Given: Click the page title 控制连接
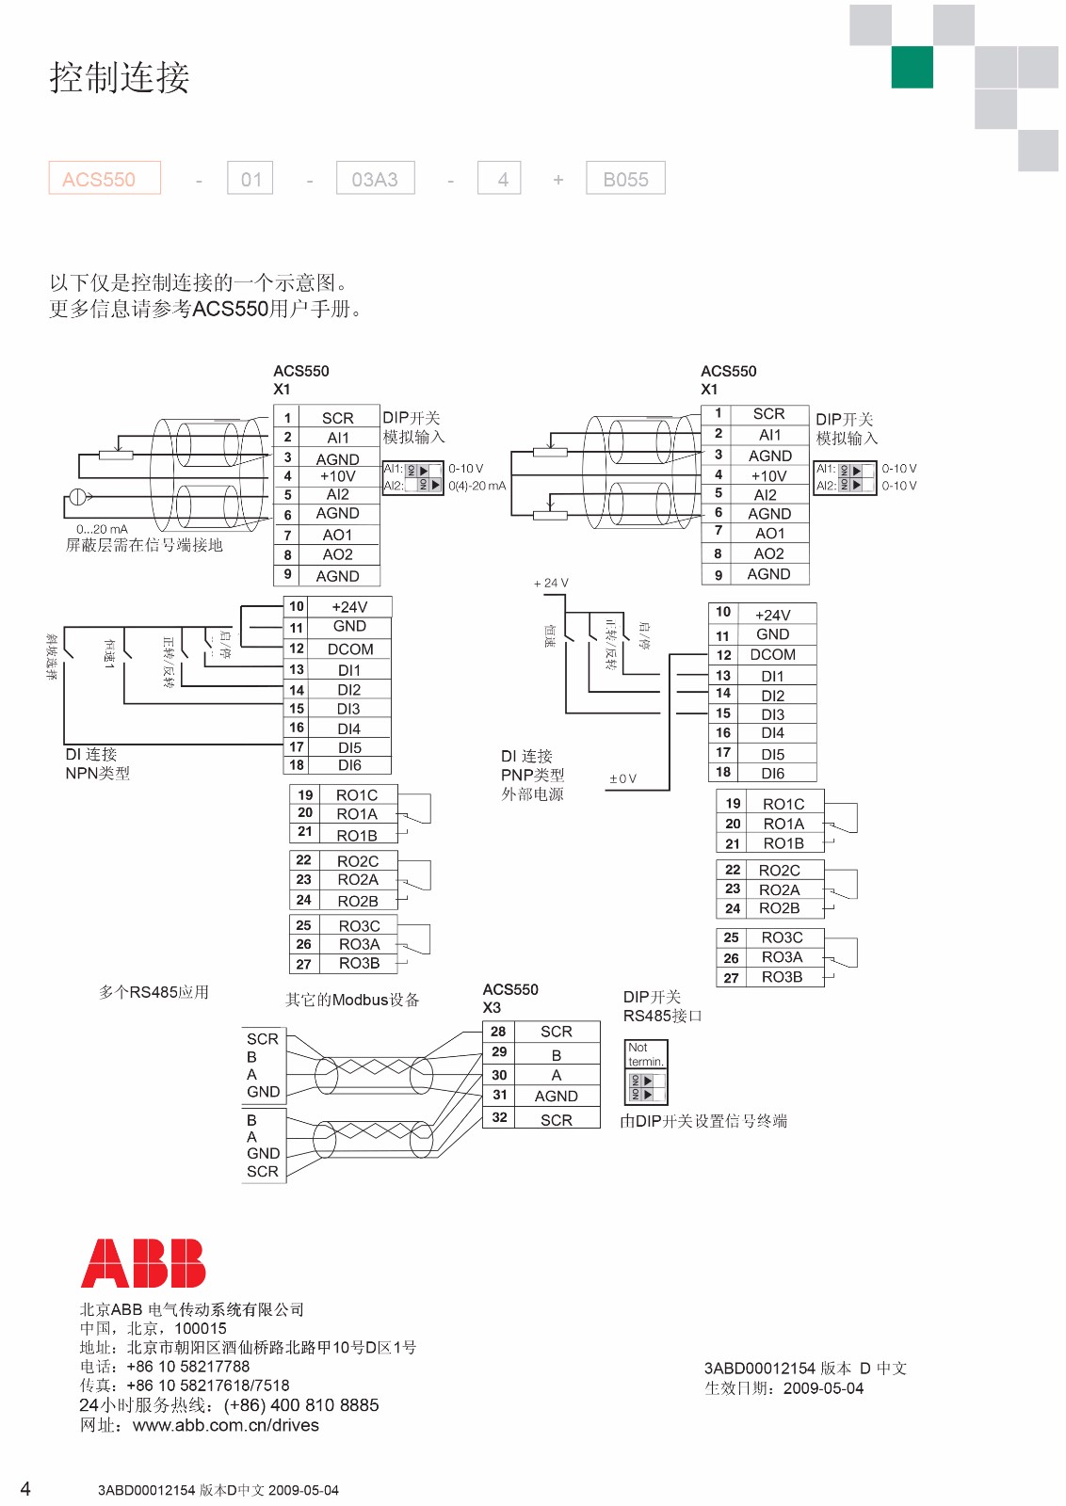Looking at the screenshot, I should coord(120,77).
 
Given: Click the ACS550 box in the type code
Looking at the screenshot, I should coord(105,179).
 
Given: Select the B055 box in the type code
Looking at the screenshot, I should coord(625,179).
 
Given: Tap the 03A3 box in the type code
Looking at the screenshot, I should coord(375,179).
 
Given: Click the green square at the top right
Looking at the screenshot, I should coord(912,67).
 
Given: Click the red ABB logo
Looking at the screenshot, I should coord(143,1263).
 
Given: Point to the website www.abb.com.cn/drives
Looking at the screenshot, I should coord(226,1425).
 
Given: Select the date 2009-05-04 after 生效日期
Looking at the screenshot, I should coord(824,1388).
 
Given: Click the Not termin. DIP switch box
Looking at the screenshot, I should coord(646,1072).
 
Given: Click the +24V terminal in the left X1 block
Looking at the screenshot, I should coord(349,607).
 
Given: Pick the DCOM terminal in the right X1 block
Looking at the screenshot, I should coord(772,655).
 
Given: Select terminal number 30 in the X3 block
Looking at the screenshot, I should coord(499,1075).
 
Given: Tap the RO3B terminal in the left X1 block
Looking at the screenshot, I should coord(359,964).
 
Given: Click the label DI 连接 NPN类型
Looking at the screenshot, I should coord(97,763).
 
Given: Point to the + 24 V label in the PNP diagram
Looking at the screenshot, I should coord(551,583).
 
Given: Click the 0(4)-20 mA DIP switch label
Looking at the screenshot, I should coord(476,486).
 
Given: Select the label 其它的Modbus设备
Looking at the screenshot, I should coord(352,1000).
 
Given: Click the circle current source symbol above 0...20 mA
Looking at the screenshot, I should coord(78,497).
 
